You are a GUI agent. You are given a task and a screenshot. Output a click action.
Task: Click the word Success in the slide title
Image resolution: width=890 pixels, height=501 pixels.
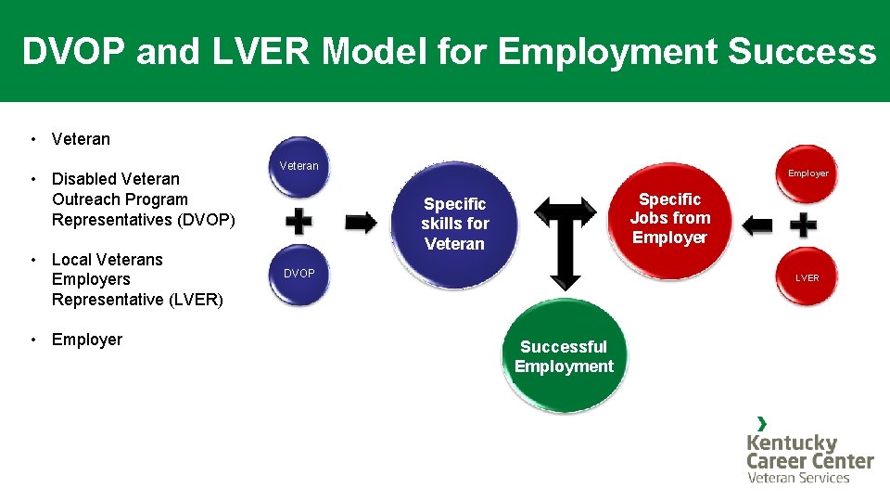(802, 52)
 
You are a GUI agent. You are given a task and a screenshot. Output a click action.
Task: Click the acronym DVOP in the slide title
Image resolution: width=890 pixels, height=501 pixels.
(73, 52)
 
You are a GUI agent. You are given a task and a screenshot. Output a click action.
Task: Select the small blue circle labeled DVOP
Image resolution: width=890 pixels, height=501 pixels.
(299, 275)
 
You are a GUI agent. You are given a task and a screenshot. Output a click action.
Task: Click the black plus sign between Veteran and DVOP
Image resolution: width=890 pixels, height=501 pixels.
(298, 222)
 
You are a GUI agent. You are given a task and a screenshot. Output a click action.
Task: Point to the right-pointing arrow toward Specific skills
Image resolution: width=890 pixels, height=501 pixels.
(361, 223)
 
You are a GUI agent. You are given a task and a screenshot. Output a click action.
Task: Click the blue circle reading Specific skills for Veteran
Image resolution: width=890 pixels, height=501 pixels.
(454, 224)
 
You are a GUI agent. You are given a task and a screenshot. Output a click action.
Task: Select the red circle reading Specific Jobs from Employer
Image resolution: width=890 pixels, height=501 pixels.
(670, 219)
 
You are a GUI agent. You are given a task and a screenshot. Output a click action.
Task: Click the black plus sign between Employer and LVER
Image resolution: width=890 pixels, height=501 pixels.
(803, 225)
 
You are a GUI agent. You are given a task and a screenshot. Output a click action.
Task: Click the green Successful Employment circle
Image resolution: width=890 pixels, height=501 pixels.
(564, 356)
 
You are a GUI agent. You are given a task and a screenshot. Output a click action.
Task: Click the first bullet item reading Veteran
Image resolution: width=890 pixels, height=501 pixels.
(81, 139)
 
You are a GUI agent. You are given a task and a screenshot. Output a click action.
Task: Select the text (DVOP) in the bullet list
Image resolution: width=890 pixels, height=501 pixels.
(206, 220)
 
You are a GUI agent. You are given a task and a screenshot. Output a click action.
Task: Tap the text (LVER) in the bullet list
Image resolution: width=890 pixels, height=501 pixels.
(194, 300)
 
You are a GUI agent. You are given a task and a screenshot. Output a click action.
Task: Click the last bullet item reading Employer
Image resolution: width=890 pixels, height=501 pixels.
(87, 340)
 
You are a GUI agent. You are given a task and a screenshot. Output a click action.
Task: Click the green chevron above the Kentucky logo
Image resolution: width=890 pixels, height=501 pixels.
(761, 423)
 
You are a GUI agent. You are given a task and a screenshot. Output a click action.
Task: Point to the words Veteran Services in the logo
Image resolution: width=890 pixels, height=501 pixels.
(798, 478)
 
